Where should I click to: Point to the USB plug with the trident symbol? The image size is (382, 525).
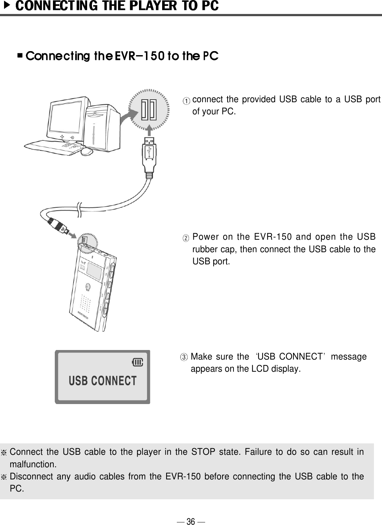click(149, 151)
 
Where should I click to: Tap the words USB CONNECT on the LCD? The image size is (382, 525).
click(103, 381)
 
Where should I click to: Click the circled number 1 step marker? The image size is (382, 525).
click(188, 100)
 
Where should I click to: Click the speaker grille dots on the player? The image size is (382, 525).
click(85, 302)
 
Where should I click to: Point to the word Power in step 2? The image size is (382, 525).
click(204, 236)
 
